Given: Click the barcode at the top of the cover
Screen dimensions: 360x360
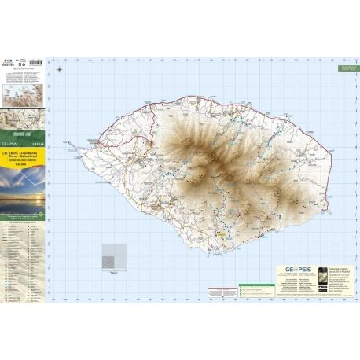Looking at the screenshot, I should coord(24,61).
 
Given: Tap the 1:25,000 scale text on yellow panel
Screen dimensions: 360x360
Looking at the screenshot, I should coord(24,168).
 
